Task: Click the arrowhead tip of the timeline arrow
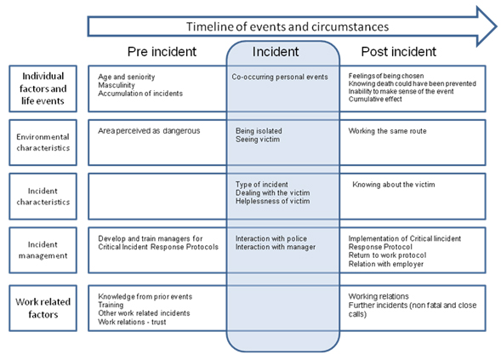coord(496,26)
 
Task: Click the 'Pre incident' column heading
coord(162,51)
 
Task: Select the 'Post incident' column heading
coord(398,51)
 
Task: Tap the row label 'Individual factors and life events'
coord(43,89)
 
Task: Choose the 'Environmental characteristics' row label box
coord(43,142)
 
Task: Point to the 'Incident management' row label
coord(43,250)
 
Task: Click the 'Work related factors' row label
coord(43,308)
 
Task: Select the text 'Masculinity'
coord(117,85)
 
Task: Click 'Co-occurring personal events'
coord(280,77)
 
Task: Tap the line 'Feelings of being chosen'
coord(386,76)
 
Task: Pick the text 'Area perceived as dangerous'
coord(149,131)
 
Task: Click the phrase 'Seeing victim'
coord(258,140)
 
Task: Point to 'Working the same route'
coord(387,131)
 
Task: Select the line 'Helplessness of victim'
coord(272,201)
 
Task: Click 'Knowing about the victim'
coord(393,185)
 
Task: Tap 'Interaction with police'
coord(271,238)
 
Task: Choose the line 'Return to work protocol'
coord(387,255)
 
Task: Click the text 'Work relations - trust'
coord(132,322)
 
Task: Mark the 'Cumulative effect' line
coord(375,99)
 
